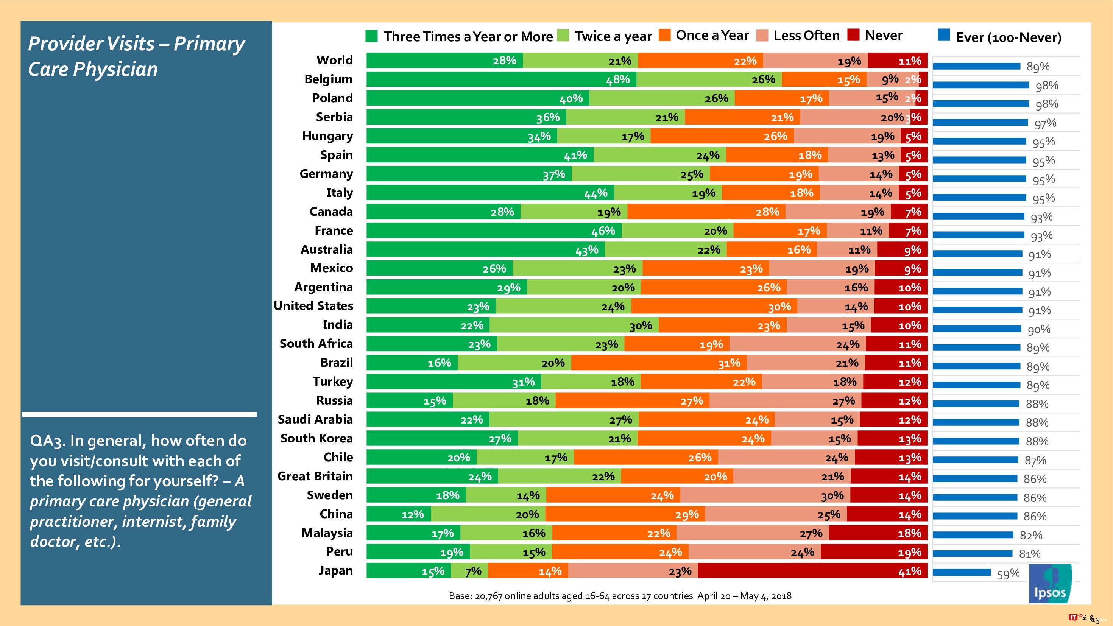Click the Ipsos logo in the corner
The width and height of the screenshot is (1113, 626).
pyautogui.click(x=1050, y=584)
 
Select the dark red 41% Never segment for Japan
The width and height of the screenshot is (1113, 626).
pyautogui.click(x=812, y=571)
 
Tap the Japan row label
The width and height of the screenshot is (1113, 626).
pyautogui.click(x=335, y=571)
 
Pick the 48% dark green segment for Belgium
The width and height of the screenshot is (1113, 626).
pyautogui.click(x=501, y=79)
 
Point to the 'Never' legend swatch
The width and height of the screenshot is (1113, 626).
pyautogui.click(x=853, y=35)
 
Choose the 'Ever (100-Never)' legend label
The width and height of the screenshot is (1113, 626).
pyautogui.click(x=1009, y=37)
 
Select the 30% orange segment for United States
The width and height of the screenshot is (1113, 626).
pyautogui.click(x=714, y=306)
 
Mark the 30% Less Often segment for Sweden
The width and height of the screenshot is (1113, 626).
pyautogui.click(x=765, y=495)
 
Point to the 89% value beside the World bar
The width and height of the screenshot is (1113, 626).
pyautogui.click(x=1038, y=67)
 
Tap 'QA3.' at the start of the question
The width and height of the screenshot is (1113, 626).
pyautogui.click(x=48, y=441)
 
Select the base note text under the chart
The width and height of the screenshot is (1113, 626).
pyautogui.click(x=620, y=596)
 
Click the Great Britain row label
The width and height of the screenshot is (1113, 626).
pyautogui.click(x=315, y=476)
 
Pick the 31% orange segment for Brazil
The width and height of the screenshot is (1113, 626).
pyautogui.click(x=659, y=363)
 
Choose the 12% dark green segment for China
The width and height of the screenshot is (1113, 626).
pyautogui.click(x=398, y=514)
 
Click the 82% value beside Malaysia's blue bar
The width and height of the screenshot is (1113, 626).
pyautogui.click(x=1031, y=535)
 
